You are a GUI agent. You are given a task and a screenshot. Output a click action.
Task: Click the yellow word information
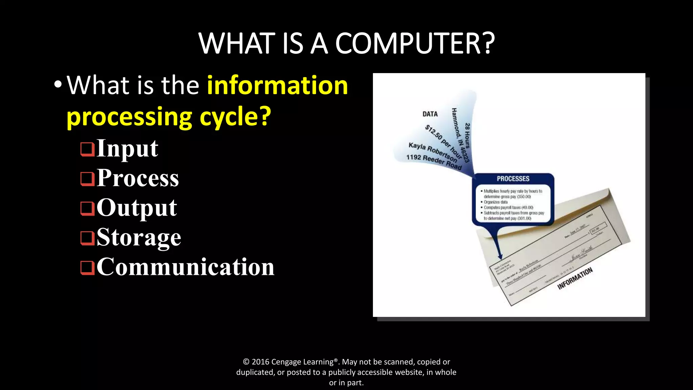coord(277,85)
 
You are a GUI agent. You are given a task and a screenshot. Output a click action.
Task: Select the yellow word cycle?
coord(235,116)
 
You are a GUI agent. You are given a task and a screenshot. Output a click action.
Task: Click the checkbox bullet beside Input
coord(87,149)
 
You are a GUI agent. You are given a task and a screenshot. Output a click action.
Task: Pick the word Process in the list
coord(137,178)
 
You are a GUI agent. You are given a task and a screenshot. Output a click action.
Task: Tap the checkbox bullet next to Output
coord(87,208)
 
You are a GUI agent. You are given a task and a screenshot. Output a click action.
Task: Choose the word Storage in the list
coord(139,237)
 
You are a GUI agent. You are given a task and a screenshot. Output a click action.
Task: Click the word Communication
coord(185,267)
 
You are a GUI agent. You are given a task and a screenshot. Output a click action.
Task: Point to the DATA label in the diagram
coord(430,114)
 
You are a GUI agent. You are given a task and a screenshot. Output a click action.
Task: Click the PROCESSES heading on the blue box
coord(513,179)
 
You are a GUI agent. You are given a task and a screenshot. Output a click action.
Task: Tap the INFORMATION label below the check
coord(575,278)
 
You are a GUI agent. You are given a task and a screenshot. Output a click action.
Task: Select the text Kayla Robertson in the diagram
coord(433,152)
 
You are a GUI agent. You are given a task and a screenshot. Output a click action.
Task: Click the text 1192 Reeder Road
coord(434,162)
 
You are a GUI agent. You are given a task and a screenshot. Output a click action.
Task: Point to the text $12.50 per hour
coord(443,141)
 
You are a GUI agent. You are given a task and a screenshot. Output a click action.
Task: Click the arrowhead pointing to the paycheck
coord(500,256)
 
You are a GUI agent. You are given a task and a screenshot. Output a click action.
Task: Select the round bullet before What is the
coord(58,85)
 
